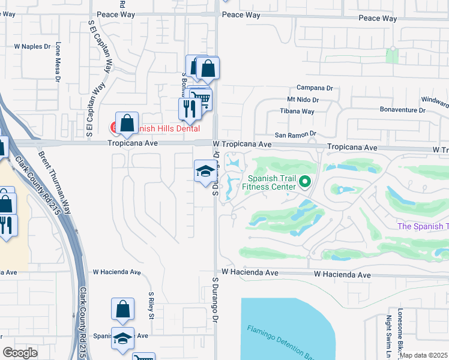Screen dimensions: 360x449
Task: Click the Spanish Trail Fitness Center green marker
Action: [305, 181]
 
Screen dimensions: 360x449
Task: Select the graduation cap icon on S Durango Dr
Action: [205, 172]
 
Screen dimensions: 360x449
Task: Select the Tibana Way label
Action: [297, 112]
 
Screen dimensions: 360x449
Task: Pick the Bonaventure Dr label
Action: [402, 110]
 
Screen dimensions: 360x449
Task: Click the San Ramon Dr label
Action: [295, 135]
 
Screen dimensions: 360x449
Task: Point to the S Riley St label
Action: [152, 306]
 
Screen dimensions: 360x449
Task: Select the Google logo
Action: [20, 353]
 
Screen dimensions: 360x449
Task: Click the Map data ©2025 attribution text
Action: [423, 355]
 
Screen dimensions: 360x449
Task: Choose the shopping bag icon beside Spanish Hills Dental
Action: [127, 124]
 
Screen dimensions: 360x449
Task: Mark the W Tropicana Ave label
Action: [242, 145]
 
